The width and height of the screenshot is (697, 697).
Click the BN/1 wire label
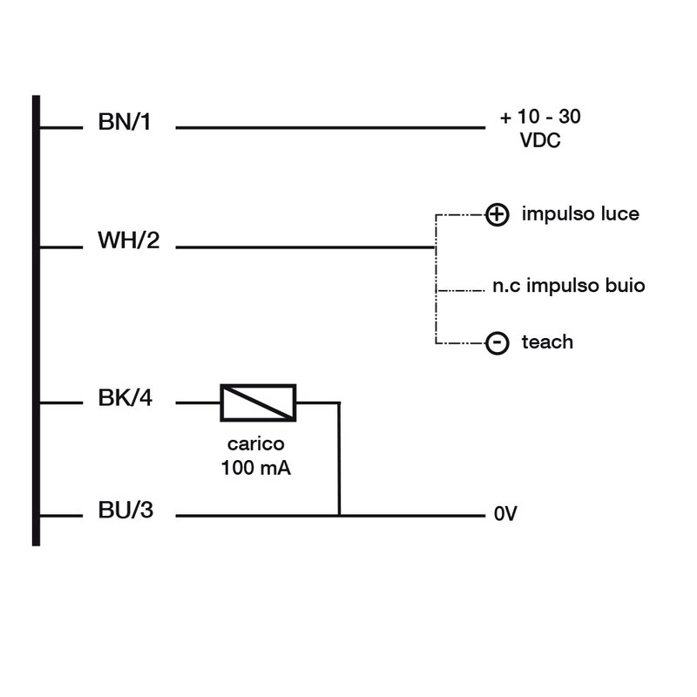(124, 122)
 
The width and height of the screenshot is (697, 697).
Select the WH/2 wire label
(128, 240)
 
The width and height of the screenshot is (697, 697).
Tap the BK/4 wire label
(124, 401)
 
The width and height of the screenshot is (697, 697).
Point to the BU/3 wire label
(125, 511)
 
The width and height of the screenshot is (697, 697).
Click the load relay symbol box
(258, 403)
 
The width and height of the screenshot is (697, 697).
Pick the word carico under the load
(255, 445)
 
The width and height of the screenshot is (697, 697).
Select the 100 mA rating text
(255, 468)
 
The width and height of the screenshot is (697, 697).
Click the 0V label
(505, 515)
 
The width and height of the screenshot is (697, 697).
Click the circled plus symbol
(496, 215)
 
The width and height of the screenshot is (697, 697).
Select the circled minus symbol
(496, 344)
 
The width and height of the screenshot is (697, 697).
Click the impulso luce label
(580, 214)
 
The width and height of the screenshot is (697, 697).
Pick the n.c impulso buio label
(568, 286)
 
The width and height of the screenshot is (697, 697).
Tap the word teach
(547, 342)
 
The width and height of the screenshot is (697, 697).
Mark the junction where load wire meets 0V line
(339, 515)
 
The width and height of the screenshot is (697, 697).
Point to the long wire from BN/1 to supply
(331, 128)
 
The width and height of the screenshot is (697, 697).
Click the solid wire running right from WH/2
(305, 247)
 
